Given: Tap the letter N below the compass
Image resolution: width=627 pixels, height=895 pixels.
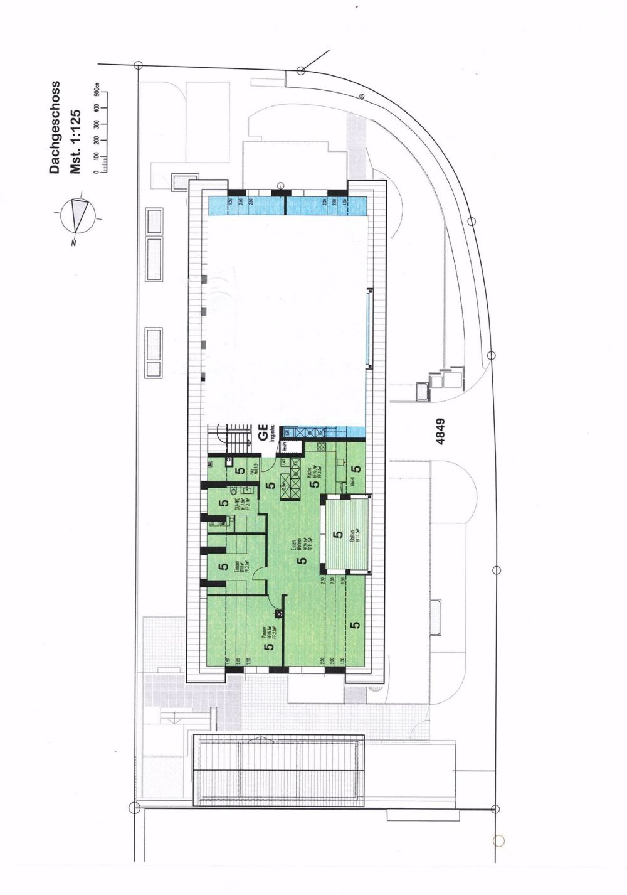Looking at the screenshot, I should pos(74,242).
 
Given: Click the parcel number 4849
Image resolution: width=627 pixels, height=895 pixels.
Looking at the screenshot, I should pos(441,432).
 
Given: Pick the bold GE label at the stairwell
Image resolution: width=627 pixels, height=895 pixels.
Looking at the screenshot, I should pos(263,432).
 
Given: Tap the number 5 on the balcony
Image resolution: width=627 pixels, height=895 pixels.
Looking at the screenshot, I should pos(339,535).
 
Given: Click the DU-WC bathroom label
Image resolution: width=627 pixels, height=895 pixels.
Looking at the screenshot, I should pos(237,502).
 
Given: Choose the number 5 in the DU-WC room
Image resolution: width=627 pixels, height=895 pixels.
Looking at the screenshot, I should pos(223,503).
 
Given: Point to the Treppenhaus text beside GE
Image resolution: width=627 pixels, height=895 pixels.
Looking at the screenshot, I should pos(273,432).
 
